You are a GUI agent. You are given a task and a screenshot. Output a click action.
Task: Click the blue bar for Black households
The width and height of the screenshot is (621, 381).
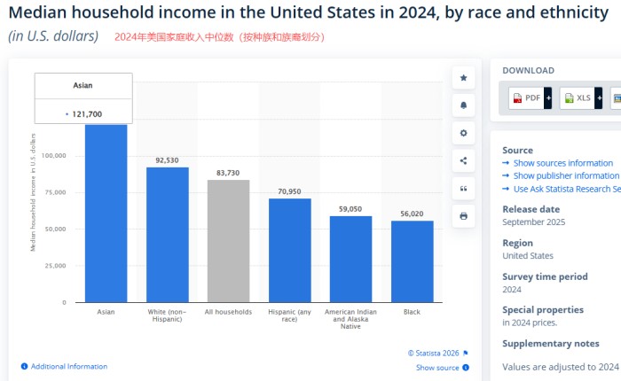(x=412, y=261)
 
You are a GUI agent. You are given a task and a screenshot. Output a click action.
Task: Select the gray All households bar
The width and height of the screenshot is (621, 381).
(x=228, y=241)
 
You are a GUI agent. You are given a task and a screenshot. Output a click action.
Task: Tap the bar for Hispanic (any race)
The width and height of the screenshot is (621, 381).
(x=289, y=250)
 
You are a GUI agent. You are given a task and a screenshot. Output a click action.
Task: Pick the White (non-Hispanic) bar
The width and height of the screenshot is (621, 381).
(x=167, y=235)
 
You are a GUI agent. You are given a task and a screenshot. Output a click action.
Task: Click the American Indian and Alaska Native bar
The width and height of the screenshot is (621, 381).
(x=350, y=259)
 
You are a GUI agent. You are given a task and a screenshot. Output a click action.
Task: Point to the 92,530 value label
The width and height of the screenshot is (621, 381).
(x=167, y=160)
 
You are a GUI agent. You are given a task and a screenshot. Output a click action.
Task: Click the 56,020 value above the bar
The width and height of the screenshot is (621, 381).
(x=412, y=214)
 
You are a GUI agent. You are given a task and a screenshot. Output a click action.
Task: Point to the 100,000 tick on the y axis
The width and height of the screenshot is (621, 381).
(x=54, y=156)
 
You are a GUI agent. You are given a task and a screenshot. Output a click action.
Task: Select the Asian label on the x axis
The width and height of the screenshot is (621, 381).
(x=106, y=312)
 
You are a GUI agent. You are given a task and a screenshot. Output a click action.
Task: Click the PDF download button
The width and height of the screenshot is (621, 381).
(x=531, y=98)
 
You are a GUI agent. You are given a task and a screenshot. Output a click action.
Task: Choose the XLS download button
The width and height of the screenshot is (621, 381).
(x=581, y=98)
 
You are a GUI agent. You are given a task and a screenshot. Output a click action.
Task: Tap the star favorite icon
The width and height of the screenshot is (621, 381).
(x=463, y=78)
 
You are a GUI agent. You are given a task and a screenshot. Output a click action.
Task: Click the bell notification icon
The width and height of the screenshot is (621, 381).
(x=463, y=105)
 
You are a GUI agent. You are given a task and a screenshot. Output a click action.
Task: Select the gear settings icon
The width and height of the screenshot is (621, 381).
(x=463, y=133)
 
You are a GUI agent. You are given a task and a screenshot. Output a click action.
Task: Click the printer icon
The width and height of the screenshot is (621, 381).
(x=463, y=215)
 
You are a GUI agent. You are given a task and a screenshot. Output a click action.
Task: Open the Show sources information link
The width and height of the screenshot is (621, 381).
(x=562, y=163)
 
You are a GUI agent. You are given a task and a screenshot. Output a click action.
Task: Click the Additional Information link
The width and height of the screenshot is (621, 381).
(x=68, y=366)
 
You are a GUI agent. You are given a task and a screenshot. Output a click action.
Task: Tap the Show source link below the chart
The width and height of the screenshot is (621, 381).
(x=437, y=368)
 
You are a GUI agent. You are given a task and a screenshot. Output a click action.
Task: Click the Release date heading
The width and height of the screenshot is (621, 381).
(x=531, y=209)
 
